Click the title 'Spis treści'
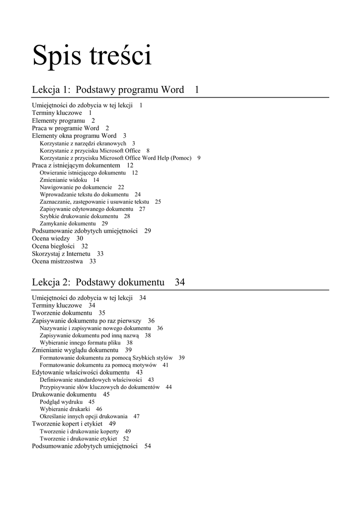coord(92,56)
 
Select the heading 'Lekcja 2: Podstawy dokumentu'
coord(98,282)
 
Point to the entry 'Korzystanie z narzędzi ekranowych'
coord(83,143)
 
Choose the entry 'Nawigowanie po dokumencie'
coord(76,187)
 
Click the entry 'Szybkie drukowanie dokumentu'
coord(79,216)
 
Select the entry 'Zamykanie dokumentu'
coord(68,224)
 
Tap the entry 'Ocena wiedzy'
coord(51,239)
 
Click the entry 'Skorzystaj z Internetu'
coord(61,254)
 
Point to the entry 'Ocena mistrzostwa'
coord(57,261)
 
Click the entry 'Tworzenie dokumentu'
coord(62,313)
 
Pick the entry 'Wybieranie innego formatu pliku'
coord(80,343)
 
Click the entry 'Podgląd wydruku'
coord(61,402)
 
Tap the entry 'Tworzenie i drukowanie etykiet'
coord(78,439)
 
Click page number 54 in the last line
coord(148,446)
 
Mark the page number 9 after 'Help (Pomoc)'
coord(199,158)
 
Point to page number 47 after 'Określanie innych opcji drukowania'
coord(136,417)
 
